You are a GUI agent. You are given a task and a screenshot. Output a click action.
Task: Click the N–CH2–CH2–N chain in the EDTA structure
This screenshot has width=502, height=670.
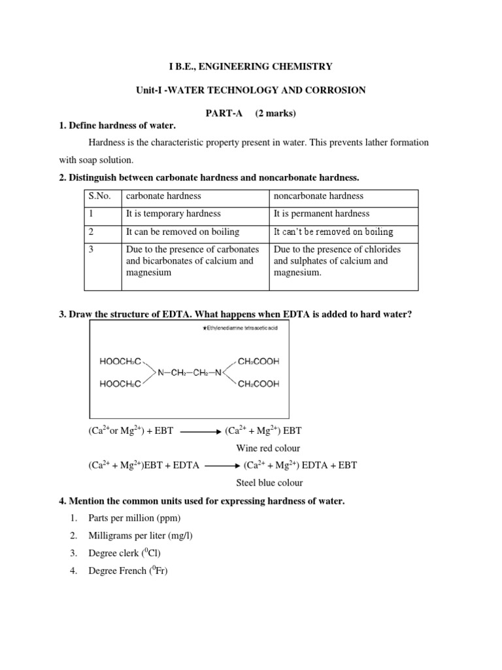coord(190,372)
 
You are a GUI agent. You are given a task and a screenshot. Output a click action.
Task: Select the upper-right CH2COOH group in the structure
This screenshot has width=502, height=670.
coord(254,361)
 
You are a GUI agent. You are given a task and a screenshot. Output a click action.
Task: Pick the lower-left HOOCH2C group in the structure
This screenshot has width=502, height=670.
coord(121,384)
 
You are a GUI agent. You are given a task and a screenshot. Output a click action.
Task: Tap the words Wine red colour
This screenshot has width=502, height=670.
coord(268,449)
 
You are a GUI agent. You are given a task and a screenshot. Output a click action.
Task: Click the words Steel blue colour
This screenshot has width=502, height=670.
coord(269,483)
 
